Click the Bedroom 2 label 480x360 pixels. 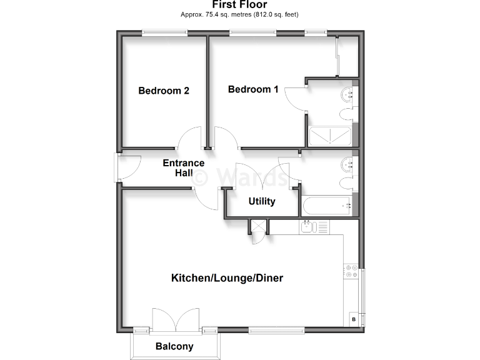coord(164,91)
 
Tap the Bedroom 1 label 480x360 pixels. coord(253,89)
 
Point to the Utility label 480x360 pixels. coord(262,201)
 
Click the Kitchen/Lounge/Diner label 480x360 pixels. coord(227,277)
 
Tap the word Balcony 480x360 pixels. coord(174,346)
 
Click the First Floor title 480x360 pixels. coord(239,5)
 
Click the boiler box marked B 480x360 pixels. coord(353,319)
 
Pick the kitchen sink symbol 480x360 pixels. coord(314,227)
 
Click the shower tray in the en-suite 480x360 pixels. coord(331,136)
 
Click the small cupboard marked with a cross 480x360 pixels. coord(257,227)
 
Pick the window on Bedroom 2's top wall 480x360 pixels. coord(164,33)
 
